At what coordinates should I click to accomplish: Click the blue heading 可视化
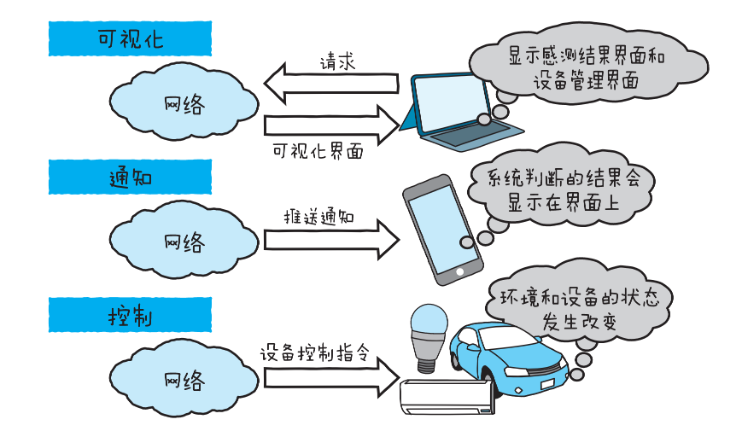click(x=129, y=39)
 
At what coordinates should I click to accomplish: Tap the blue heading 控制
click(x=129, y=315)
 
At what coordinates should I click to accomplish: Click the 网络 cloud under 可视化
click(x=183, y=104)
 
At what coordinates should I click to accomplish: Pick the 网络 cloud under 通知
click(x=183, y=241)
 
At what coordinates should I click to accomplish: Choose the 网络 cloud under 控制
click(x=183, y=378)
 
